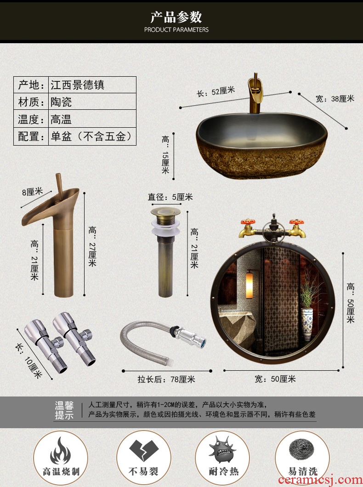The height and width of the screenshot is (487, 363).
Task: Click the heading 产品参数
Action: pyautogui.click(x=176, y=17)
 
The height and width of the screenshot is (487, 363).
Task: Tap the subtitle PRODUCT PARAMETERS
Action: pyautogui.click(x=176, y=30)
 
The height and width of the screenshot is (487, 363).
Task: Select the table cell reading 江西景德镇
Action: pyautogui.click(x=78, y=85)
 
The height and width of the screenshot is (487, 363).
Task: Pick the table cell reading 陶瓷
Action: pyautogui.click(x=61, y=102)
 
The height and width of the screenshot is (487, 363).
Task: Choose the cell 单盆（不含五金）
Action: pyautogui.click(x=92, y=136)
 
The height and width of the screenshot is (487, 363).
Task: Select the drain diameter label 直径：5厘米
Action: pyautogui.click(x=170, y=197)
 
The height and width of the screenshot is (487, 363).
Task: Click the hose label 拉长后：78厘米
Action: pyautogui.click(x=166, y=379)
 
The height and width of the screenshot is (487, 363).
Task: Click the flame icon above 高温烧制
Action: pyautogui.click(x=60, y=451)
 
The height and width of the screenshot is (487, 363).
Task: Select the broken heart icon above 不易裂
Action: pyautogui.click(x=144, y=450)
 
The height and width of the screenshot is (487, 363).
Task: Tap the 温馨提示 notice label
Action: pyautogui.click(x=64, y=410)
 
